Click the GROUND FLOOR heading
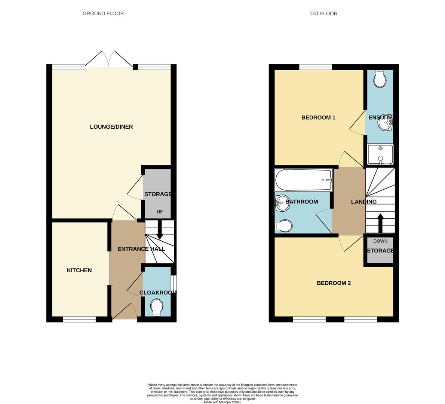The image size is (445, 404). [103, 13]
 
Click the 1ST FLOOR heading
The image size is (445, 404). [323, 13]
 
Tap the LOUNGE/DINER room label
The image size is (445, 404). [111, 127]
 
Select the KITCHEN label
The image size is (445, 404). [79, 270]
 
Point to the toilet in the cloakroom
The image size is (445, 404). [157, 308]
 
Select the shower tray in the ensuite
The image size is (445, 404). [380, 154]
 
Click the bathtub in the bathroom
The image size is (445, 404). [303, 180]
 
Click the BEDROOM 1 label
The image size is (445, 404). [318, 117]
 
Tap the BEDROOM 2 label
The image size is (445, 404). [334, 283]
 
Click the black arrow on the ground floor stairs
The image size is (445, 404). [160, 230]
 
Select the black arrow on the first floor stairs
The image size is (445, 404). [380, 223]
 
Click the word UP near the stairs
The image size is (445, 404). [160, 212]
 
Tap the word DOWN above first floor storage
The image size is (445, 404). [380, 241]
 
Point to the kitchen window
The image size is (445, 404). [79, 319]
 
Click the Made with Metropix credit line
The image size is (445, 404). [222, 402]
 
